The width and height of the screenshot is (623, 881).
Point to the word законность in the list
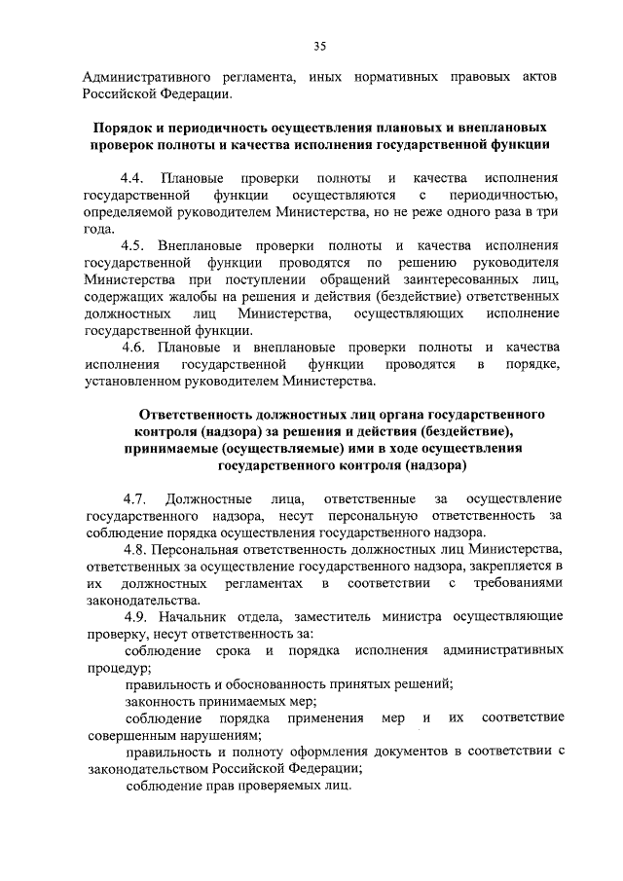point(161,700)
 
